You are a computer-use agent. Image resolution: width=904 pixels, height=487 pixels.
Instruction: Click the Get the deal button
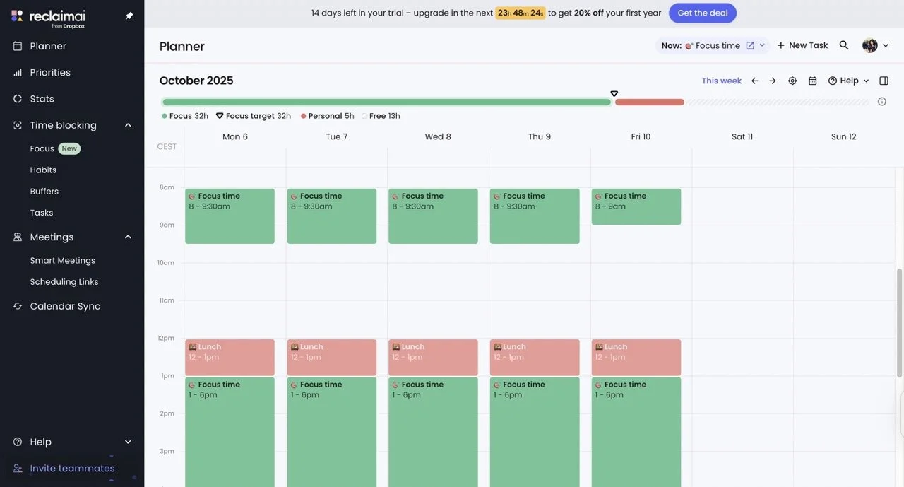coord(702,13)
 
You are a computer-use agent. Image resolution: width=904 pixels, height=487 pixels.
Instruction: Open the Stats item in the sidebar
coord(42,99)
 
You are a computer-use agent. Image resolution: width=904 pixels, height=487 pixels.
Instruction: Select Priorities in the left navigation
coord(50,72)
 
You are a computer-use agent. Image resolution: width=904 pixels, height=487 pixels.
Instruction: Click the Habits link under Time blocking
coord(43,170)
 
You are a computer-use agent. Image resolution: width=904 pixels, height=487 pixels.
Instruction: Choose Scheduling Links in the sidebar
coord(64,281)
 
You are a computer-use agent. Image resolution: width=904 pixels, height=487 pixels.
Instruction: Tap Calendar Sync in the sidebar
coord(65,306)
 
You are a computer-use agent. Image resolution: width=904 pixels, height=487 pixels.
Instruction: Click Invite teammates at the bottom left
coord(72,468)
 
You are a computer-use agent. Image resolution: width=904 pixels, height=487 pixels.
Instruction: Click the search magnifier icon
coord(844,45)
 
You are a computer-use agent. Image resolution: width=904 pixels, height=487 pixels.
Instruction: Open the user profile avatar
coord(869,45)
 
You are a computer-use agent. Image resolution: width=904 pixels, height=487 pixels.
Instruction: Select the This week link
coord(721,81)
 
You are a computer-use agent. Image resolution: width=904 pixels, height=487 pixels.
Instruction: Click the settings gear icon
coord(792,81)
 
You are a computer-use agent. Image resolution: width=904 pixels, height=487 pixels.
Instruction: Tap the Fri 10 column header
coord(641,136)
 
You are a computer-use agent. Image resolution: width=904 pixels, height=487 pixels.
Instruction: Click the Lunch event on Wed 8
coord(433,357)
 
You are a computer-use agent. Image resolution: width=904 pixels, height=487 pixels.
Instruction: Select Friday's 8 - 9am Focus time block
coord(636,206)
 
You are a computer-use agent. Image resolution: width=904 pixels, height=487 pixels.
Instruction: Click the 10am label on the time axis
coord(165,263)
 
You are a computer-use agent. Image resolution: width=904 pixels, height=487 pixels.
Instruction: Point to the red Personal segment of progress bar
coord(649,102)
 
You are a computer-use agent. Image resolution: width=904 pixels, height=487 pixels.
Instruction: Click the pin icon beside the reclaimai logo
coord(129,16)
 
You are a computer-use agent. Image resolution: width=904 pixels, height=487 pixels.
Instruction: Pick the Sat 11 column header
coord(742,136)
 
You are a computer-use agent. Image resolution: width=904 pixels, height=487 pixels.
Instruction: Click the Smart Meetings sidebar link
coord(62,260)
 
